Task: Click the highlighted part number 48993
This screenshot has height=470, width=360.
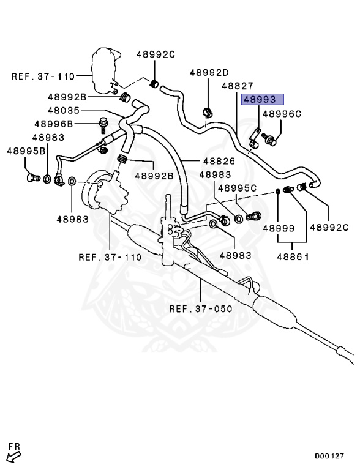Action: pyautogui.click(x=263, y=99)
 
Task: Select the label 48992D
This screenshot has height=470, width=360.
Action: pyautogui.click(x=209, y=72)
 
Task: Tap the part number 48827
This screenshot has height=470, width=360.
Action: pyautogui.click(x=237, y=86)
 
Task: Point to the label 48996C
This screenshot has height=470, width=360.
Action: pyautogui.click(x=282, y=113)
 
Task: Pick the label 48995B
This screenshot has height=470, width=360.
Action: pyautogui.click(x=27, y=151)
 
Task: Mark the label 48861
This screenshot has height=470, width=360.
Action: pyautogui.click(x=293, y=257)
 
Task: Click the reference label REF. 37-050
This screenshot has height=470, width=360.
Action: pyautogui.click(x=201, y=308)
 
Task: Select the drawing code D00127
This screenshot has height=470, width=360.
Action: pyautogui.click(x=330, y=456)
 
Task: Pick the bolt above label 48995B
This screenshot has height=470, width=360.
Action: pyautogui.click(x=32, y=178)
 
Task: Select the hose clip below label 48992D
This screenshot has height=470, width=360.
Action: pyautogui.click(x=206, y=113)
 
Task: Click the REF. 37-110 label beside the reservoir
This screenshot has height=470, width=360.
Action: pyautogui.click(x=43, y=76)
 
